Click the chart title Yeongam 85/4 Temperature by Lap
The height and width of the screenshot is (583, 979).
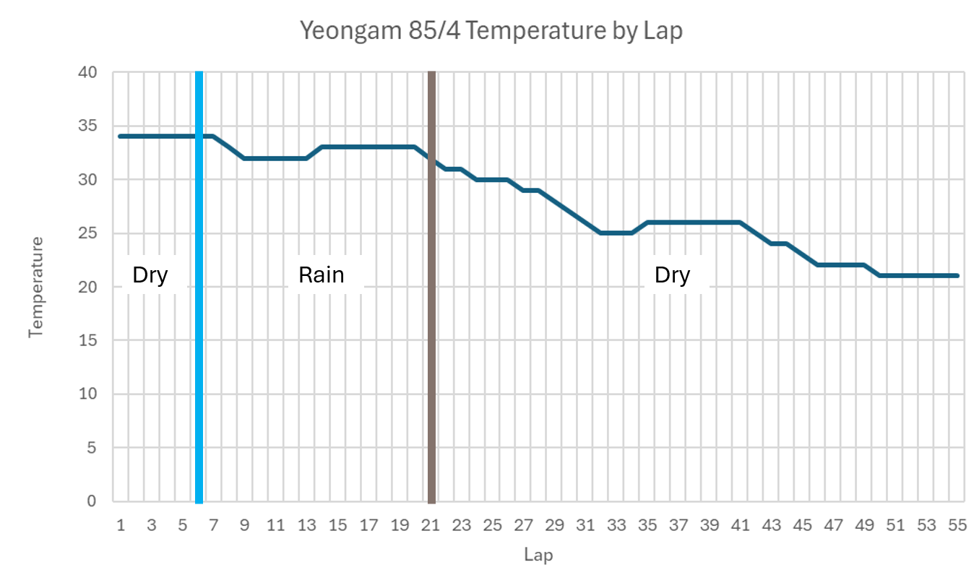click(491, 31)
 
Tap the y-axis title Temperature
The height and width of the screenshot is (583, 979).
click(36, 287)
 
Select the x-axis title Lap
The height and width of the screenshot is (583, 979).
click(538, 555)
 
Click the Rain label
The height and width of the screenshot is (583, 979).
click(322, 275)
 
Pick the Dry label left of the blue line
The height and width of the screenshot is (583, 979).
click(150, 275)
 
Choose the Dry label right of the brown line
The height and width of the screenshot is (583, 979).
click(672, 275)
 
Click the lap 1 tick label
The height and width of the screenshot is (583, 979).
click(121, 525)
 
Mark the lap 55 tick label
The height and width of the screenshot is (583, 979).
click(957, 525)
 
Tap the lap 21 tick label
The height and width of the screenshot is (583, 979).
click(431, 525)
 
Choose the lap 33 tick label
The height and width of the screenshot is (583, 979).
click(616, 525)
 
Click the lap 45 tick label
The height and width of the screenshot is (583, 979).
click(802, 525)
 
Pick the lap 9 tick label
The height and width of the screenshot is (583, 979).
click(245, 525)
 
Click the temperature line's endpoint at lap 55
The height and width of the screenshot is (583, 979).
click(957, 276)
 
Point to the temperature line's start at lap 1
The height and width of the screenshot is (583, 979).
click(121, 137)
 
